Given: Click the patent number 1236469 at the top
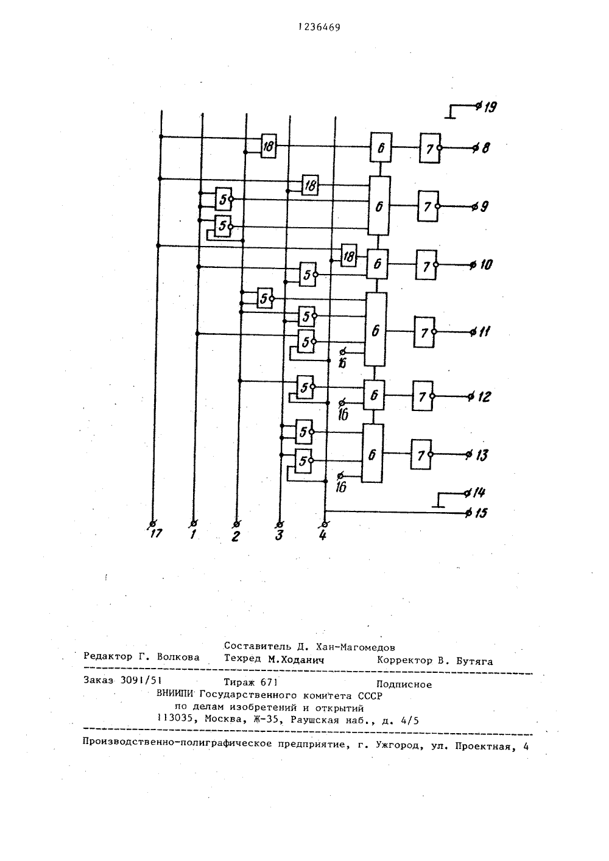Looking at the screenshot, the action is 320,27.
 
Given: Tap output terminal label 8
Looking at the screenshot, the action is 485,148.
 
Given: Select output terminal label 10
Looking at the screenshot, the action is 486,264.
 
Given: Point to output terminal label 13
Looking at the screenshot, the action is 482,455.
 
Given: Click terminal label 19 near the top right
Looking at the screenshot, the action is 490,107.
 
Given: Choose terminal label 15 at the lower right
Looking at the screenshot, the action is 481,513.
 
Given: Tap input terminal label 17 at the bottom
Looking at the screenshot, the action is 156,533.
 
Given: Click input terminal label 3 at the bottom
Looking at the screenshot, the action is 280,535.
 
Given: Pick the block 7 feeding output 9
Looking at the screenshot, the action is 428,206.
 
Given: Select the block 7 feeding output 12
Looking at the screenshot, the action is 423,396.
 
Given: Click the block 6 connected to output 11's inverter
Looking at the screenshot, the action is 376,329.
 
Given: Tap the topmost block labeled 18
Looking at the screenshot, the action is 269,146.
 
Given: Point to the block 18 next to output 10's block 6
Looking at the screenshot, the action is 349,256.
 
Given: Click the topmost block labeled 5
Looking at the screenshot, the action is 224,199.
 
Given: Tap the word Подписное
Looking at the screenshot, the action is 404,684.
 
